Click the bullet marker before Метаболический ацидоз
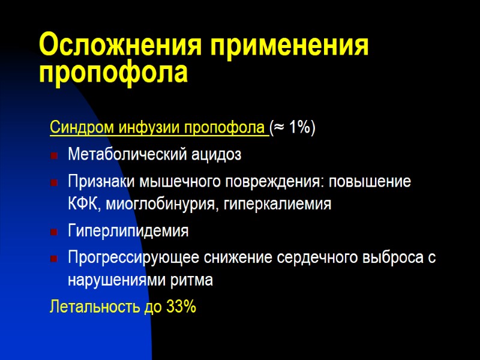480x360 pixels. [x=55, y=156]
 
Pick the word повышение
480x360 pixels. [x=375, y=182]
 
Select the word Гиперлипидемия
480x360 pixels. [x=128, y=231]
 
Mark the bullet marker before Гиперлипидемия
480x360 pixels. [x=55, y=232]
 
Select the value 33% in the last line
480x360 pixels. [x=181, y=307]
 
